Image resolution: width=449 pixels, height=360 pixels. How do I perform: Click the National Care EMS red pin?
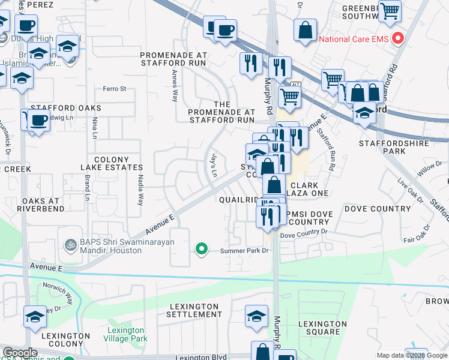point(397,40)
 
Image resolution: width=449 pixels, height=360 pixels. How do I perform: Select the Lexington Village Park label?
point(126,334)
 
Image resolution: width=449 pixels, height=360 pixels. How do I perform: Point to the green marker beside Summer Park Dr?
point(202,248)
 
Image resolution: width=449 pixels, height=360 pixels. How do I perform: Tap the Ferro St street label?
point(114,89)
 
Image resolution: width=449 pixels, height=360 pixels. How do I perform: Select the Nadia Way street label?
point(142,191)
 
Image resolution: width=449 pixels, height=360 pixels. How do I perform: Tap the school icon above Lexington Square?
point(257,316)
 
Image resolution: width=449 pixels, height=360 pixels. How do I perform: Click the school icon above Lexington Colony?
point(35,316)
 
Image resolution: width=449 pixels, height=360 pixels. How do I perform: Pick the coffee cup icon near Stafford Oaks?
point(40,120)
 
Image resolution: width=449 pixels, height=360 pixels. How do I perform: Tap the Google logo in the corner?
point(20,353)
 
